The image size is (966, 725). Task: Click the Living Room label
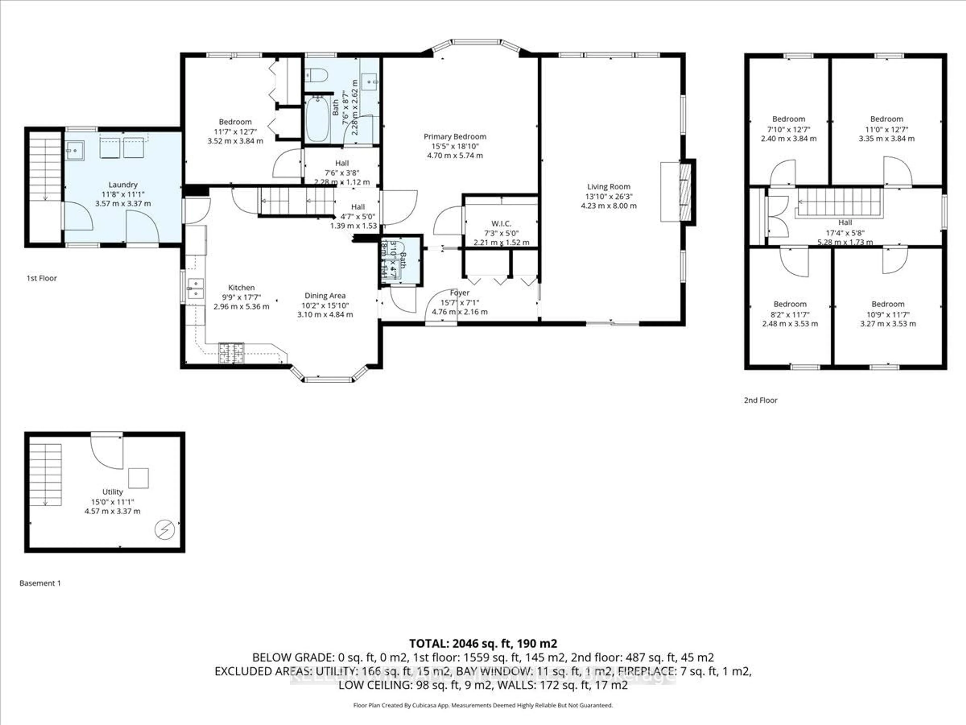click(608, 187)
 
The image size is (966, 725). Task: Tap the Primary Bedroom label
click(455, 137)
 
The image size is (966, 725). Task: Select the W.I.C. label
click(501, 224)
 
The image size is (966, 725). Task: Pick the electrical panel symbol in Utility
click(165, 530)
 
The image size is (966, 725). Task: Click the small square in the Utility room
click(138, 478)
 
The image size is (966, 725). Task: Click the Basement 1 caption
click(40, 583)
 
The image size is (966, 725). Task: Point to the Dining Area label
click(325, 296)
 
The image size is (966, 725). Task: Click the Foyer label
click(459, 293)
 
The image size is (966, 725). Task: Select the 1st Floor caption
click(42, 278)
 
